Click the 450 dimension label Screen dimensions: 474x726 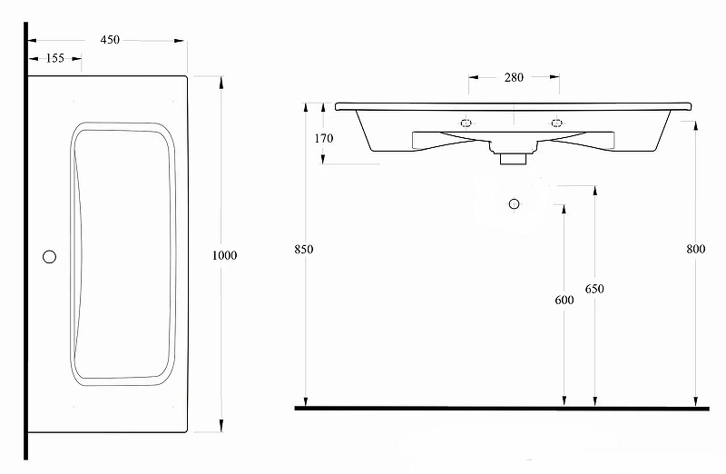pyautogui.click(x=109, y=40)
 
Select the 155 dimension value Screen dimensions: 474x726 pyautogui.click(x=54, y=58)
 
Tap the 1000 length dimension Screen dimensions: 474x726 pyautogui.click(x=223, y=255)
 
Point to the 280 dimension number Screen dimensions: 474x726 pyautogui.click(x=513, y=77)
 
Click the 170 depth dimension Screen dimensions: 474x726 pyautogui.click(x=324, y=139)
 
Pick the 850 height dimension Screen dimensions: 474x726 pyautogui.click(x=304, y=250)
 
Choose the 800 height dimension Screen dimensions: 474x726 pyautogui.click(x=696, y=250)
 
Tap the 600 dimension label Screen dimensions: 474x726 pyautogui.click(x=564, y=301)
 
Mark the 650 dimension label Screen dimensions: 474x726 pyautogui.click(x=594, y=290)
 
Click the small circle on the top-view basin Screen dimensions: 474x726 pyautogui.click(x=50, y=256)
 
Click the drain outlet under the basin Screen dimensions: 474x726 pyautogui.click(x=513, y=158)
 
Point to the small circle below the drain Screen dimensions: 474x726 pyautogui.click(x=514, y=203)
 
